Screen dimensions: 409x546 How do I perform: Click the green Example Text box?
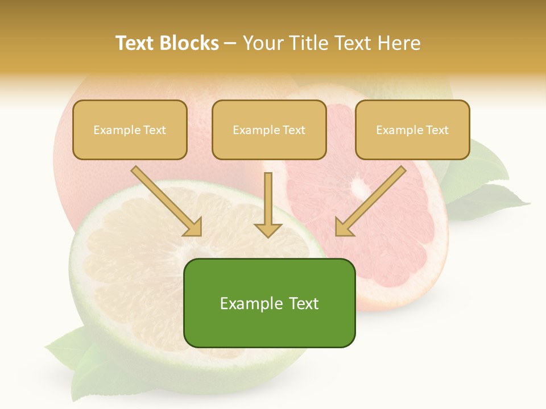(x=269, y=303)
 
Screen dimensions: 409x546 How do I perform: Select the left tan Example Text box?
(x=130, y=130)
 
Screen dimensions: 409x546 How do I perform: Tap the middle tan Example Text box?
(x=269, y=130)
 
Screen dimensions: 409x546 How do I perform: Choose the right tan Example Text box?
(x=412, y=130)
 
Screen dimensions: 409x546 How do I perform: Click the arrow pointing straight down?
(x=268, y=204)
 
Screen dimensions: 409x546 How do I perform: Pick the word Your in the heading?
(x=263, y=43)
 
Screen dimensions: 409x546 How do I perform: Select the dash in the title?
(x=230, y=43)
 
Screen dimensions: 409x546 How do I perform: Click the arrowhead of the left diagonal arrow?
(x=193, y=227)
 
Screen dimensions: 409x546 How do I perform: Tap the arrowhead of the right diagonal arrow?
(x=344, y=227)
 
